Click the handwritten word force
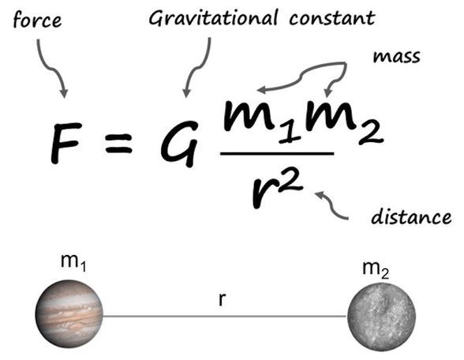tap(37, 21)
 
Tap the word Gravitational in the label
tap(213, 17)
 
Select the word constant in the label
tap(332, 17)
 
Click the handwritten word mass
tap(396, 56)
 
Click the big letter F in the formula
tap(65, 143)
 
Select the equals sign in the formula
tap(118, 144)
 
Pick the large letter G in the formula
tap(179, 144)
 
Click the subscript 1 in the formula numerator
tap(290, 133)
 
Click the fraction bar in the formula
tap(277, 153)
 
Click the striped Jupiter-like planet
tap(69, 314)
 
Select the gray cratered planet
tap(381, 317)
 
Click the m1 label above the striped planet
tap(73, 262)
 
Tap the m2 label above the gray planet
tap(376, 270)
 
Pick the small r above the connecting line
tap(222, 300)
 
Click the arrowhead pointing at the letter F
tap(64, 93)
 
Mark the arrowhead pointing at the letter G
tap(186, 93)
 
